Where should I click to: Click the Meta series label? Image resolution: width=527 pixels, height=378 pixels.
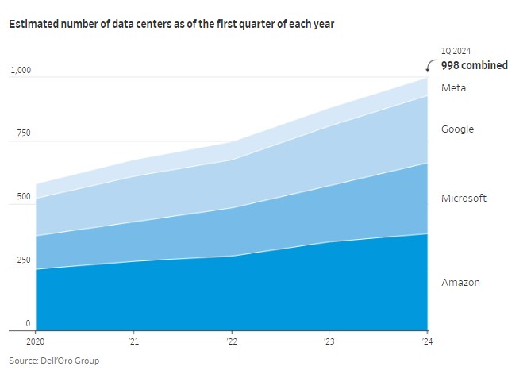coord(453,88)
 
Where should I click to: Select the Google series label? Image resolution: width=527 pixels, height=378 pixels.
coord(457,129)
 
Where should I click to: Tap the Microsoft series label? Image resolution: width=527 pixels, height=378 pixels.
coord(464,199)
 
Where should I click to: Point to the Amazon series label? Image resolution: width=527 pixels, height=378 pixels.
coord(460,283)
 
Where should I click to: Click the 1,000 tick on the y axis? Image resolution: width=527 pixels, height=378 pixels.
coord(20,70)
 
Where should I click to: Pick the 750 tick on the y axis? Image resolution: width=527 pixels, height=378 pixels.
coord(23,133)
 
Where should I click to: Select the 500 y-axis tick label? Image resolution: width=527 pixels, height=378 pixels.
coord(23,197)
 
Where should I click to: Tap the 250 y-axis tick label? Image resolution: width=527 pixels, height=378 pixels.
coord(23,260)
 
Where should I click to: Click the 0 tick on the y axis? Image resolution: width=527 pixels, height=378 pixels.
coord(28,323)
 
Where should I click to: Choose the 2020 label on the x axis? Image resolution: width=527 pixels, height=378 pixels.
coord(37,342)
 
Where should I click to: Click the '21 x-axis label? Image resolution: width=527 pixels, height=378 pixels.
coord(133,342)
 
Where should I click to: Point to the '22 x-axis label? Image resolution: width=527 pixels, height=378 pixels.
coord(231,342)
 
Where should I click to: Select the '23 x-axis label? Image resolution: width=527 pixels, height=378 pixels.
coord(329,342)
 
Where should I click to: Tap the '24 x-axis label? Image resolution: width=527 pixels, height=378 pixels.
coord(426,342)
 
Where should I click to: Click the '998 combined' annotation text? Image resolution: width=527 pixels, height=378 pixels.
coord(475,66)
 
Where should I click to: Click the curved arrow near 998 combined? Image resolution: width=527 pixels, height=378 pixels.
coord(431,65)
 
